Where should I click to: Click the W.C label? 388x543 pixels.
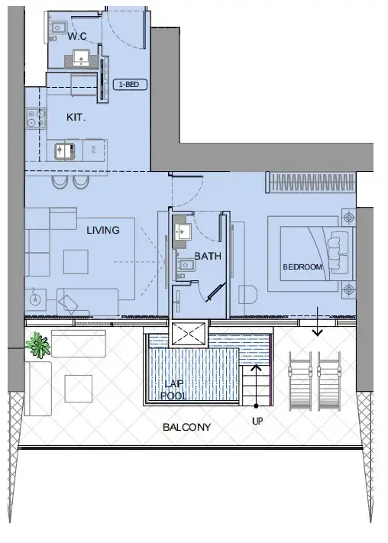tap(76, 37)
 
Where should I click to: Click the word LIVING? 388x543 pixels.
tap(102, 230)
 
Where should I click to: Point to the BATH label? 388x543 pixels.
tap(207, 257)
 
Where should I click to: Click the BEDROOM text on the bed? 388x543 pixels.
tap(302, 267)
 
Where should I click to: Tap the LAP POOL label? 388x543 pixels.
tap(173, 389)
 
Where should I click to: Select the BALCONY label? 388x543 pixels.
tap(186, 427)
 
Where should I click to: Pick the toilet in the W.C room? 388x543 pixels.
tap(57, 27)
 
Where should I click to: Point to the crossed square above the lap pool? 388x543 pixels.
tap(187, 335)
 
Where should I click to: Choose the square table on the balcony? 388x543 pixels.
tap(79, 389)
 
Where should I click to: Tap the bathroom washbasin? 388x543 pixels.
tap(183, 232)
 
